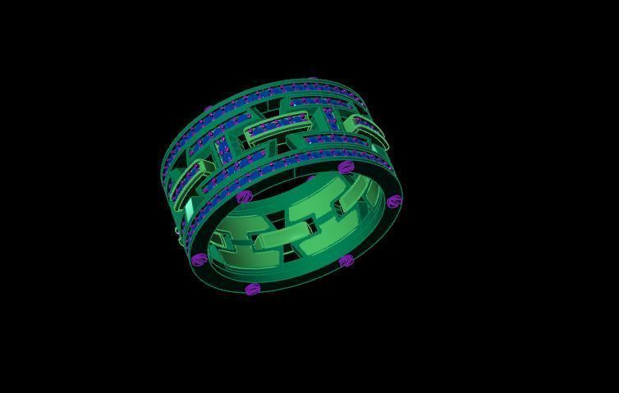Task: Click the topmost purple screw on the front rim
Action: click(346, 167)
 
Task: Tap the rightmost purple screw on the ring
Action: click(394, 201)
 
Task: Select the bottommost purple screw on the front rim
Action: click(252, 289)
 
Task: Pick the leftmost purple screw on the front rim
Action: click(198, 260)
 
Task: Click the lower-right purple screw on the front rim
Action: click(346, 261)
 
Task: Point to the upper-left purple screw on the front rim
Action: click(243, 198)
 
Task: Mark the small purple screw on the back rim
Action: click(208, 108)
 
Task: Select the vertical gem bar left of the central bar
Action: click(223, 149)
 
